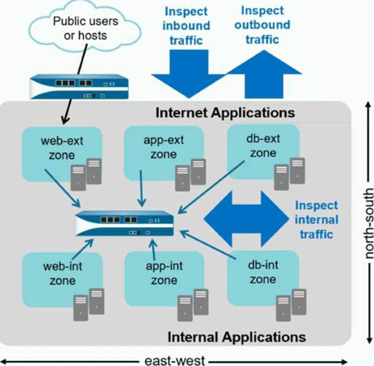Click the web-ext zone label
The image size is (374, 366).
pos(62,148)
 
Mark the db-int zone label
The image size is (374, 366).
pos(263,272)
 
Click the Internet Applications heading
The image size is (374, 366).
pos(225,113)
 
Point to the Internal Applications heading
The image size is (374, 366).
pos(237,337)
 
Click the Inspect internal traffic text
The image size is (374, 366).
pos(316,219)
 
